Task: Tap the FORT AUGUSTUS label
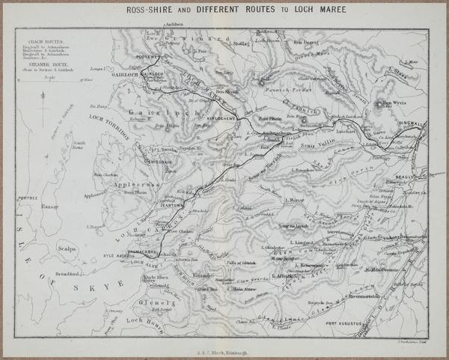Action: (343, 323)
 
